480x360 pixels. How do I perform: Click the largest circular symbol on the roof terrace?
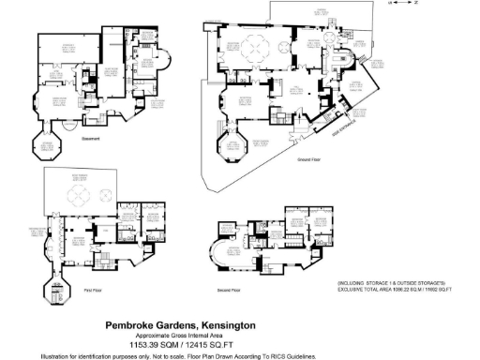click(x=78, y=195)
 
